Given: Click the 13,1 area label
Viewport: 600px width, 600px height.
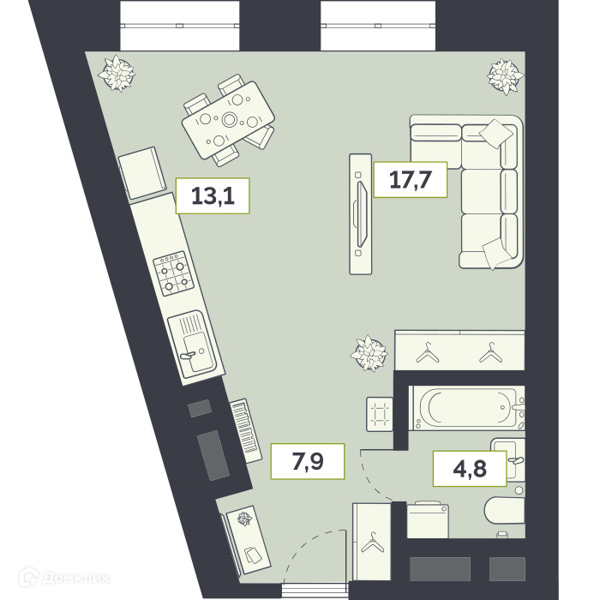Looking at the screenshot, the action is point(213,195).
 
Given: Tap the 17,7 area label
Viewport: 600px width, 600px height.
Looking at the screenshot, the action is point(411,179).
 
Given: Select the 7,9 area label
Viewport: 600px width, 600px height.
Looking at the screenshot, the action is point(308,461).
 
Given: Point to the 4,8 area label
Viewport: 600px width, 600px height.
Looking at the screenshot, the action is point(470,468).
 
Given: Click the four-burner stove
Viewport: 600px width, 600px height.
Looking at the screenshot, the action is point(173,273).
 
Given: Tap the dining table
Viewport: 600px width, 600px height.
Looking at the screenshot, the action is point(228,120).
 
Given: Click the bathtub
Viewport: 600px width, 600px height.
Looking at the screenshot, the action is point(467,408).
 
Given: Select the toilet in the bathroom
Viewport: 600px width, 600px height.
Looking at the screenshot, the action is point(505,511).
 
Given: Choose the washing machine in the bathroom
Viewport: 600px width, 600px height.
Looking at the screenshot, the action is point(428,520).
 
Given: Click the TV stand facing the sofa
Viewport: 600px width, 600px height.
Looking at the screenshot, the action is point(361,214).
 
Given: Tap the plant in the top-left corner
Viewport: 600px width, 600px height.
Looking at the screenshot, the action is point(117,73).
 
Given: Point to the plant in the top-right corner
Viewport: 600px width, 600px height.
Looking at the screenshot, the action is point(506,76).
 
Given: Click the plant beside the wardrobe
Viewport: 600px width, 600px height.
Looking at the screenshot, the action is point(369,353).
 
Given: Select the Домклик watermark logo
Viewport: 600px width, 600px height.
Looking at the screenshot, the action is point(64,577).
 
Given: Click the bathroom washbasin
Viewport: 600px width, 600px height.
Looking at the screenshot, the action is point(508,458).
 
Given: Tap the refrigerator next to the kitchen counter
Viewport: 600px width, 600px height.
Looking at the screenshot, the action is point(142,173).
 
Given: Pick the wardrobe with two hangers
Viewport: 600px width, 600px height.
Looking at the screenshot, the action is point(459,350).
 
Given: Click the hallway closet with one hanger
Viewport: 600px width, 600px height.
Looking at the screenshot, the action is point(372,542).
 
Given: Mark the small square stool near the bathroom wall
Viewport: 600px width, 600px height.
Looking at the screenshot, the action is point(380,414).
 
